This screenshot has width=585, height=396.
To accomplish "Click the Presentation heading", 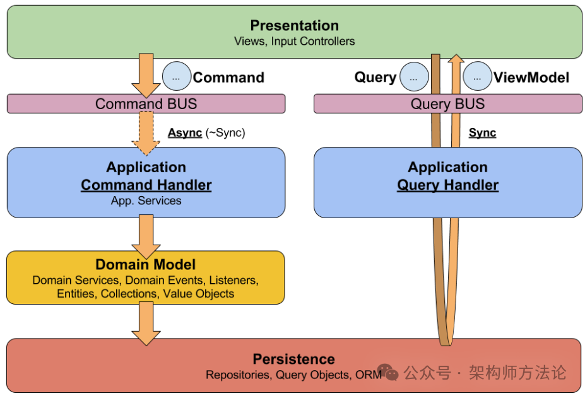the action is coord(294,25).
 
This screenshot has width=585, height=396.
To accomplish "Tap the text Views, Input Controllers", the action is coord(294,41).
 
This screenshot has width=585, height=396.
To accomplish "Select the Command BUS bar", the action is coord(146,103).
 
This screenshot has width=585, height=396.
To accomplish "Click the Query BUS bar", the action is coord(447,103).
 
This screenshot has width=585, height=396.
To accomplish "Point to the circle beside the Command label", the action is coord(177,76).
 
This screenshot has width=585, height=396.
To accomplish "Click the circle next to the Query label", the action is coord(414,77).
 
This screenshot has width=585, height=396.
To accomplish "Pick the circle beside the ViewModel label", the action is coord(478,76).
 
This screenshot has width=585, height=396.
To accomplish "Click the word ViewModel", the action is coord(531,78).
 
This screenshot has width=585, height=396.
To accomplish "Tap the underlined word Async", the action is coord(185,133).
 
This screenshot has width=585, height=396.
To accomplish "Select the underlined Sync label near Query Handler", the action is coord(482,133).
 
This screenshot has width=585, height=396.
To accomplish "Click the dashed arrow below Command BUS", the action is coord(146,134).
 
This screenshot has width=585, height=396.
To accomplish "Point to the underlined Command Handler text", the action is coord(146,185).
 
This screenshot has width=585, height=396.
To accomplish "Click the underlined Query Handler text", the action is coord(447,185).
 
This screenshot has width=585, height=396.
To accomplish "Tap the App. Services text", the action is coord(146,201).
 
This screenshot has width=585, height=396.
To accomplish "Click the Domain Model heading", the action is coord(146,264).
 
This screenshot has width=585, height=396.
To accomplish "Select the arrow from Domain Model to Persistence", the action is coord(146,323).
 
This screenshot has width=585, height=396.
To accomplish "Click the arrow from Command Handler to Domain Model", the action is coord(146,236).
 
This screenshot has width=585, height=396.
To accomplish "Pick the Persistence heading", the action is coord(294,359).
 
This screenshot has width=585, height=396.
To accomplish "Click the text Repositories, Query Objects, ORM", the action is coord(294,375).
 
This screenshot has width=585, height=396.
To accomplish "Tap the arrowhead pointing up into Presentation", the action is coord(456,58).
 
